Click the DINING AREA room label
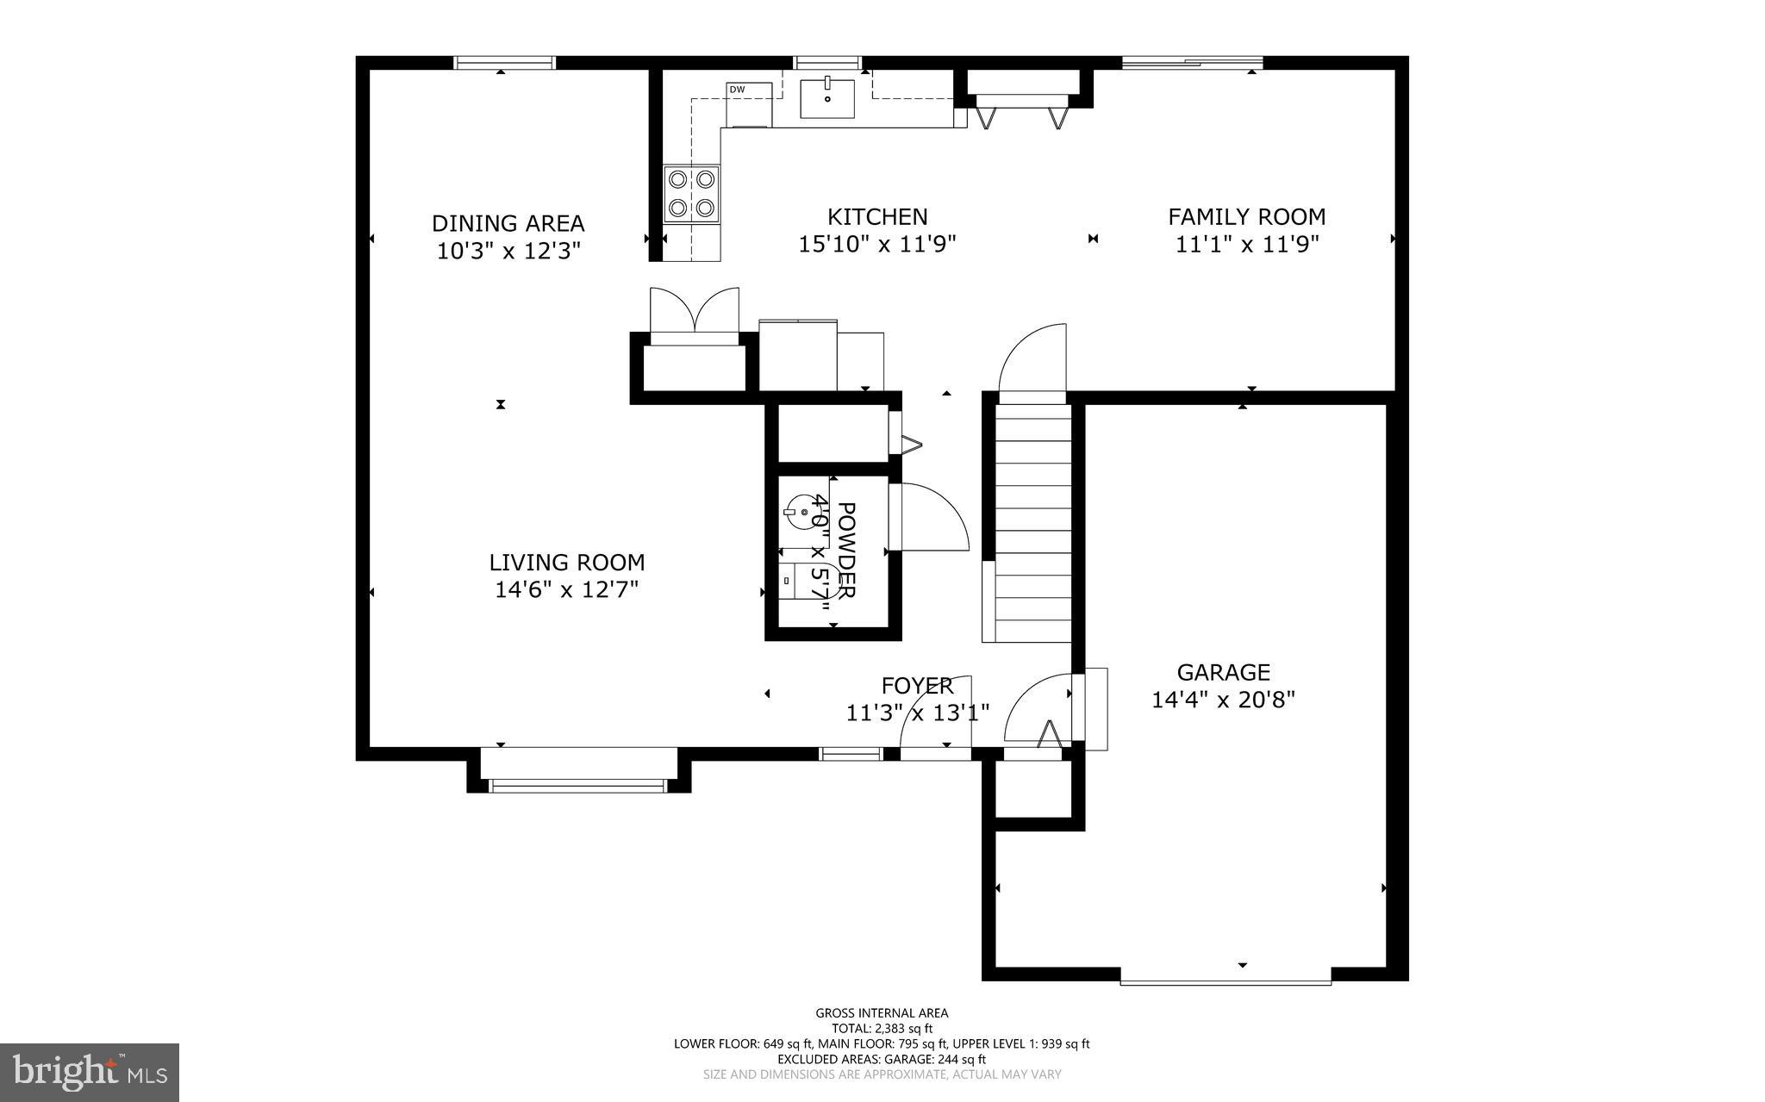pyautogui.click(x=508, y=223)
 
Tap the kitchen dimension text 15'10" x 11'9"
pyautogui.click(x=877, y=245)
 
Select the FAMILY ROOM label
pyautogui.click(x=1246, y=216)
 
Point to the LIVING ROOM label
pyautogui.click(x=566, y=563)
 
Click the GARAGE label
pyautogui.click(x=1223, y=672)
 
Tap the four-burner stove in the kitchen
pyautogui.click(x=692, y=193)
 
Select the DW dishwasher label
pyautogui.click(x=737, y=90)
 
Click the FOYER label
pyautogui.click(x=917, y=686)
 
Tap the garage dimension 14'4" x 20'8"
pyautogui.click(x=1223, y=700)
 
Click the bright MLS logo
pyautogui.click(x=89, y=1072)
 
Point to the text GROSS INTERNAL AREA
pyautogui.click(x=882, y=1013)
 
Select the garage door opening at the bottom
pyautogui.click(x=1225, y=979)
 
